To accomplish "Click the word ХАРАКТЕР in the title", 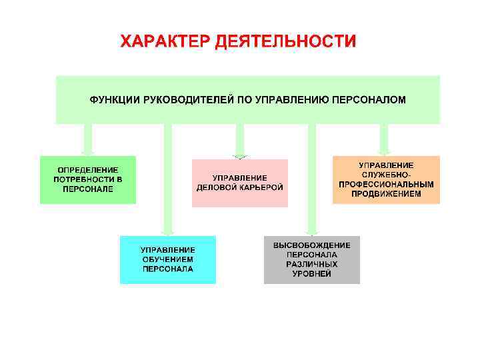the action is pos(165,42).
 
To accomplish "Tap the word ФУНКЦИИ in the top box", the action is pos(114,99).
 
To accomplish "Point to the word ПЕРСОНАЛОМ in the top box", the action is pos(369,99).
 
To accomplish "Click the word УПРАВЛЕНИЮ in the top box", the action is pos(289,99).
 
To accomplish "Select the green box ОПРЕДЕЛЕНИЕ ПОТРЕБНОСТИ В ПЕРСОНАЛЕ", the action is pos(88,179).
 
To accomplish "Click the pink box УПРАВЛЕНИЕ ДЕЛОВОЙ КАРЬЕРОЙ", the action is pos(240,183).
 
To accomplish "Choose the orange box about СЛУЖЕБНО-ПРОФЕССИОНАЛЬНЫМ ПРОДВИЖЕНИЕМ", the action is pos(386,179).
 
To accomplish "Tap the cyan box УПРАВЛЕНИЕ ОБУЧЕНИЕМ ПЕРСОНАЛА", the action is pos(168,259).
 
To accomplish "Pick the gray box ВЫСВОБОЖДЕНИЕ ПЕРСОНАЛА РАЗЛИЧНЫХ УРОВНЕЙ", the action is pos(311,259).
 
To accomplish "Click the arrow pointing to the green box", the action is pos(88,140).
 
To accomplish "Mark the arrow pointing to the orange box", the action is pos(384,140).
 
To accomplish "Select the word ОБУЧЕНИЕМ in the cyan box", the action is pos(168,259).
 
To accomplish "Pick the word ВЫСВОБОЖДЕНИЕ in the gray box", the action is pos(311,245).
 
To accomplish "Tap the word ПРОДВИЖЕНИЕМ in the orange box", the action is pos(386,194).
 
